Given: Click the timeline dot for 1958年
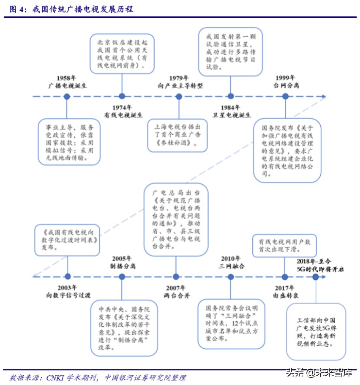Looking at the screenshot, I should pyautogui.click(x=67, y=97).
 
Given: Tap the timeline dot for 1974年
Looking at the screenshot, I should pyautogui.click(x=122, y=96).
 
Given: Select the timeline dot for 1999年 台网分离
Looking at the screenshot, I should pyautogui.click(x=285, y=96).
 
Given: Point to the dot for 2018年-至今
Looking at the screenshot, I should pyautogui.click(x=315, y=277).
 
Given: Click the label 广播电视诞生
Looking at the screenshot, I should pyautogui.click(x=67, y=86).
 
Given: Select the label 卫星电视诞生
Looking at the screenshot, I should pyautogui.click(x=232, y=115).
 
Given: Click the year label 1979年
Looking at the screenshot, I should pyautogui.click(x=179, y=78).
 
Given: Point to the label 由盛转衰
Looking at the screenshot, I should pyautogui.click(x=286, y=295).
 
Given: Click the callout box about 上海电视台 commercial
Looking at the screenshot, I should pyautogui.click(x=178, y=136).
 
